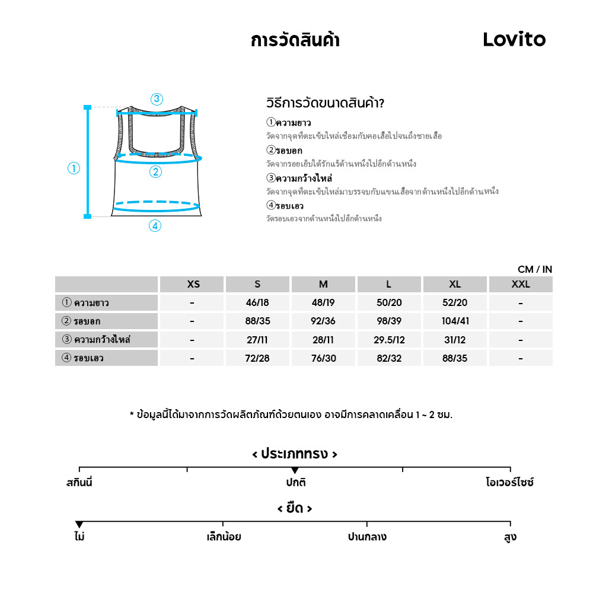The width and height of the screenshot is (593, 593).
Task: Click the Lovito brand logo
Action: coord(514,40)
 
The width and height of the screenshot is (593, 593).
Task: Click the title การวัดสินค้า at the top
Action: coord(295,40)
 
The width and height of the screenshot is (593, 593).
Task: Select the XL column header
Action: coord(455,284)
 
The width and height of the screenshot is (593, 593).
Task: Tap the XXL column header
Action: coord(521,284)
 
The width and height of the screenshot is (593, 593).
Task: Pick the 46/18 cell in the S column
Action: coord(257,303)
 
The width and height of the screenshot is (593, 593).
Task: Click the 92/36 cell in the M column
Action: coord(323,321)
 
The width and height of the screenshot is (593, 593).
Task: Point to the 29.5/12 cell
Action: coord(389,340)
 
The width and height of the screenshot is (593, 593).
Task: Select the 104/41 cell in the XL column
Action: coord(455,321)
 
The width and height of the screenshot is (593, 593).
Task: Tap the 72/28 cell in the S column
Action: coord(257,358)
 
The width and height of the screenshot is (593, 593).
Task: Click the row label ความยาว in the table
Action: coord(91,303)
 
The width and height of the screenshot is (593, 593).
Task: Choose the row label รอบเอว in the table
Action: coord(88,358)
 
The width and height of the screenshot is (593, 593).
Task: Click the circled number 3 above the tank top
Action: coord(157,99)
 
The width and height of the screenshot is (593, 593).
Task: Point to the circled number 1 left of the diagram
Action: coord(74,168)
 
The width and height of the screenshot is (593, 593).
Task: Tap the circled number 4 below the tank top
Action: coord(155,226)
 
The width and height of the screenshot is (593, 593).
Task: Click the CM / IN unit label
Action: coord(534,269)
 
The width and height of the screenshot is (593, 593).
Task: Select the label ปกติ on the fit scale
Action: coord(295,483)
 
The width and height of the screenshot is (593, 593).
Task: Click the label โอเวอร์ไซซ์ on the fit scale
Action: coord(509,483)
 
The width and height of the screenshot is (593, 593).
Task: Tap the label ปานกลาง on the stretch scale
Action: coord(367,537)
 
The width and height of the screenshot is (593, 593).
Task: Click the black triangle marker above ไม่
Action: coord(79,524)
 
